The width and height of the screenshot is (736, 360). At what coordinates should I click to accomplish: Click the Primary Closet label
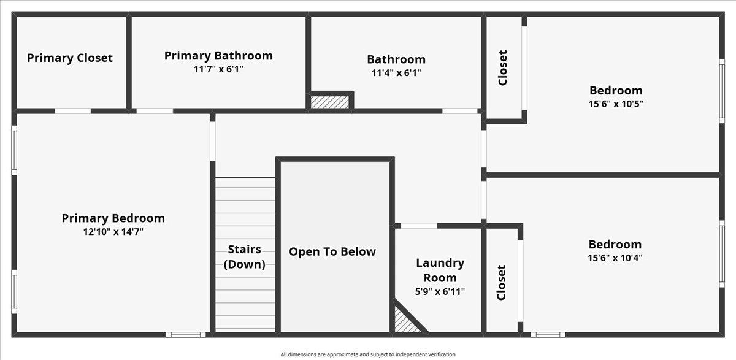pyautogui.click(x=70, y=58)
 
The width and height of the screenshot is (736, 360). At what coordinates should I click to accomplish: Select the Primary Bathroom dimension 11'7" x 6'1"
pyautogui.click(x=218, y=69)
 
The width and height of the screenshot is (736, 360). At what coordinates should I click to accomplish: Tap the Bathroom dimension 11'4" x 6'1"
pyautogui.click(x=396, y=72)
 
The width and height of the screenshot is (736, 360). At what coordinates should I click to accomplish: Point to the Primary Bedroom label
pyautogui.click(x=113, y=218)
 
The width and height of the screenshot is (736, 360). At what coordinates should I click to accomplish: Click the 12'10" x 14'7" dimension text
pyautogui.click(x=113, y=232)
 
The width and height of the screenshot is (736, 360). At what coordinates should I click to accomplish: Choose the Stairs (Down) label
pyautogui.click(x=245, y=257)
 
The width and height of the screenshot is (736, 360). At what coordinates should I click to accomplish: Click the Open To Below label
pyautogui.click(x=332, y=251)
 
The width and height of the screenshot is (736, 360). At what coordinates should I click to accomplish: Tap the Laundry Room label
pyautogui.click(x=440, y=270)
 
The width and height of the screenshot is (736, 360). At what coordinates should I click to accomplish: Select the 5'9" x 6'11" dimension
pyautogui.click(x=440, y=291)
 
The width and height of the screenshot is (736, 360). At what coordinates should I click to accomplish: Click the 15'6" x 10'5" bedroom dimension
pyautogui.click(x=616, y=104)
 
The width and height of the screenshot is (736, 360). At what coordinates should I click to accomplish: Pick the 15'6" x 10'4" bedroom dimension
pyautogui.click(x=615, y=258)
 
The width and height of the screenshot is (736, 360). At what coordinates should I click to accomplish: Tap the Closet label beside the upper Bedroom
pyautogui.click(x=503, y=67)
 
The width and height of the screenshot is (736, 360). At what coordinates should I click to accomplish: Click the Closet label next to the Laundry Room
pyautogui.click(x=502, y=282)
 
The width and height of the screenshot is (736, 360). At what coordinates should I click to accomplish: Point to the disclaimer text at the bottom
pyautogui.click(x=368, y=354)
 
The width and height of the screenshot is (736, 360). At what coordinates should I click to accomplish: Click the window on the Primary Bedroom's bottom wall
pyautogui.click(x=186, y=335)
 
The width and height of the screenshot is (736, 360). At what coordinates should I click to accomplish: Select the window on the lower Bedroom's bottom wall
pyautogui.click(x=548, y=335)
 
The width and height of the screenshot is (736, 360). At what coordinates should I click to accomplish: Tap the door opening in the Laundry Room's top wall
pyautogui.click(x=419, y=226)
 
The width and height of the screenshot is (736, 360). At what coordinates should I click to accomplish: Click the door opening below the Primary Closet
pyautogui.click(x=73, y=111)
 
